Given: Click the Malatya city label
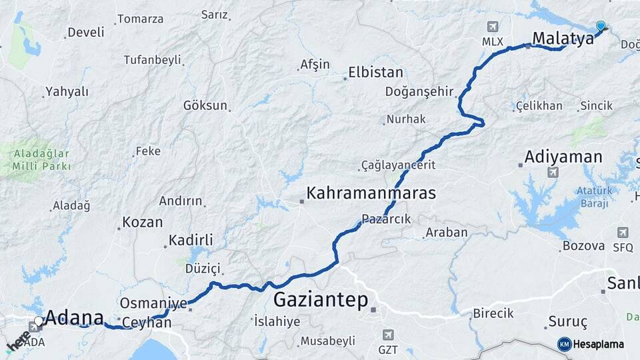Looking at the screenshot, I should click(563, 38).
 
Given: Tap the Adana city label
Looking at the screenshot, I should click(73, 317).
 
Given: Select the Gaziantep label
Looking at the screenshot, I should click(321, 300).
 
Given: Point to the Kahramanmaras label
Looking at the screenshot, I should click(371, 193).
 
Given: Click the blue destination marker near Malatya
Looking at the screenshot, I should click(601, 26).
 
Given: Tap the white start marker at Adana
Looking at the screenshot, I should click(39, 321).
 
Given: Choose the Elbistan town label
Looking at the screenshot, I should click(376, 73).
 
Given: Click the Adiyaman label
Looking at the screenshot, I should click(563, 157).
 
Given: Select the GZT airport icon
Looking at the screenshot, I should click(389, 334).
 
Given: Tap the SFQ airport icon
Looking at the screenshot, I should click(623, 233).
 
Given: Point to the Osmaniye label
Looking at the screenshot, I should click(153, 303).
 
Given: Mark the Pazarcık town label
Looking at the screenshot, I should click(387, 218).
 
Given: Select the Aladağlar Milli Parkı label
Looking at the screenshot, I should click(41, 159).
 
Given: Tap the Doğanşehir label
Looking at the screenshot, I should click(419, 92).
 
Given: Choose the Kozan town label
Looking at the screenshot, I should click(143, 222).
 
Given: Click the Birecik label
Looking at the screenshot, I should click(493, 313).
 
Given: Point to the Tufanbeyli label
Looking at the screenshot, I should click(153, 59).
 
